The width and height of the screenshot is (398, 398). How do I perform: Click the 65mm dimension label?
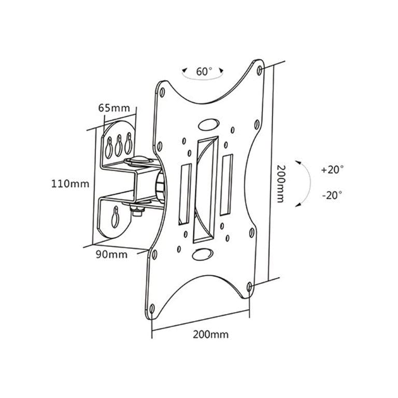tap(113, 108)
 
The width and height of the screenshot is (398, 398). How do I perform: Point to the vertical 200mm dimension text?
tap(280, 183)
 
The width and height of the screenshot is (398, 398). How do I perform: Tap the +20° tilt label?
tap(332, 169)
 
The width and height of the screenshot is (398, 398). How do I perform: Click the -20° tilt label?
tap(332, 195)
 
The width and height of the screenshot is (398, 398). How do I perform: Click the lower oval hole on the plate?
tap(200, 254)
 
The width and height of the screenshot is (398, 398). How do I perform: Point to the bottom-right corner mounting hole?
tap(250, 286)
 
